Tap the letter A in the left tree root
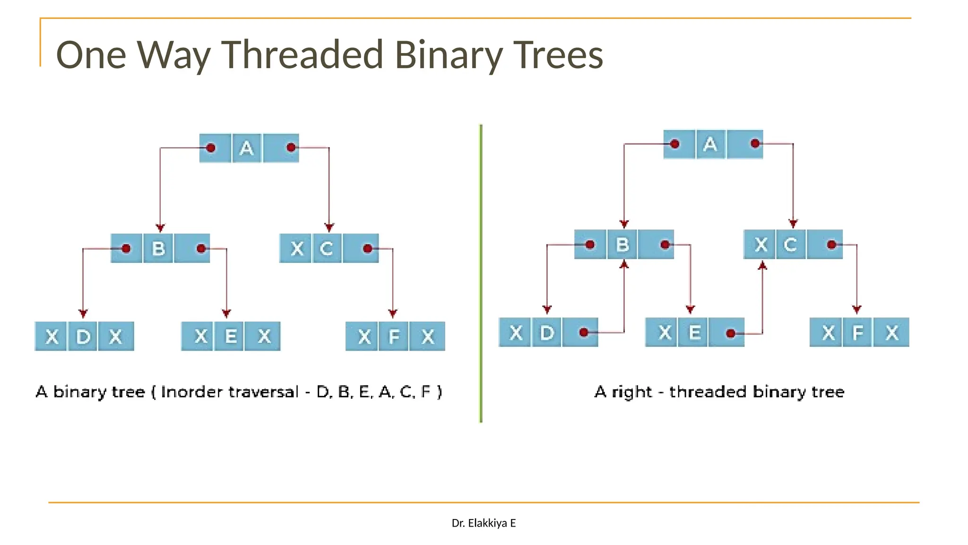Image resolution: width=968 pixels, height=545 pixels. click(x=246, y=149)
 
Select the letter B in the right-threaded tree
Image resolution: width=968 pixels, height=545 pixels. click(x=622, y=245)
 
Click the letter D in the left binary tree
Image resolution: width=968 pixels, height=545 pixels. click(x=83, y=337)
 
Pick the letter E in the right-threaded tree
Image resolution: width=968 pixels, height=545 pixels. click(x=695, y=333)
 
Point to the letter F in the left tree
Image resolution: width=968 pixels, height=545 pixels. click(x=394, y=337)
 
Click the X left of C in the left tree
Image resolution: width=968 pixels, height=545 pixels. click(x=297, y=248)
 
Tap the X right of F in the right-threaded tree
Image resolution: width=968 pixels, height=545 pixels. click(x=892, y=333)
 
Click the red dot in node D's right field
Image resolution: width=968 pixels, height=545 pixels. click(x=584, y=333)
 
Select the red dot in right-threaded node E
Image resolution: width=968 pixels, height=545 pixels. click(x=731, y=334)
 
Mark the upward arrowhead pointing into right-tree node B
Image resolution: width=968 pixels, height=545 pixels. click(x=624, y=264)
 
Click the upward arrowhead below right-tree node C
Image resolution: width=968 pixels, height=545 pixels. click(x=762, y=266)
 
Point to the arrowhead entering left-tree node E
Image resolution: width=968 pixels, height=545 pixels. click(x=226, y=313)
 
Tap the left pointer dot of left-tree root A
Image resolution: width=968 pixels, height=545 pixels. click(x=211, y=148)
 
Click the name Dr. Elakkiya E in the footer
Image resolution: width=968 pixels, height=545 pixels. click(x=484, y=523)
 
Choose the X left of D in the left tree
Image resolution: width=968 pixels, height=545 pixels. click(x=52, y=337)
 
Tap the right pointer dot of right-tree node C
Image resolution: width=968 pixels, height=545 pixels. click(x=832, y=245)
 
